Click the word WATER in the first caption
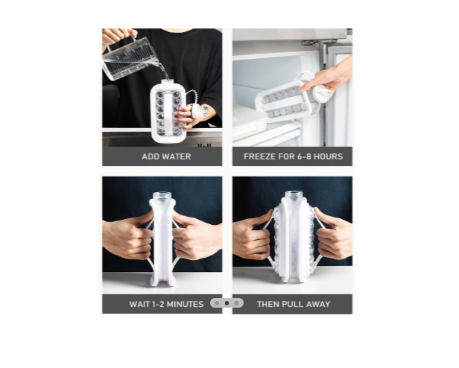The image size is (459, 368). pos(176,156)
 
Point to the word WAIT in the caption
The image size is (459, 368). pos(141,304)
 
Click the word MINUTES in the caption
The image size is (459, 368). pos(185,304)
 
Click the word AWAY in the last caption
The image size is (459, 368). pos(320,304)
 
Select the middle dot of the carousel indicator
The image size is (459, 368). pos(227,303)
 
